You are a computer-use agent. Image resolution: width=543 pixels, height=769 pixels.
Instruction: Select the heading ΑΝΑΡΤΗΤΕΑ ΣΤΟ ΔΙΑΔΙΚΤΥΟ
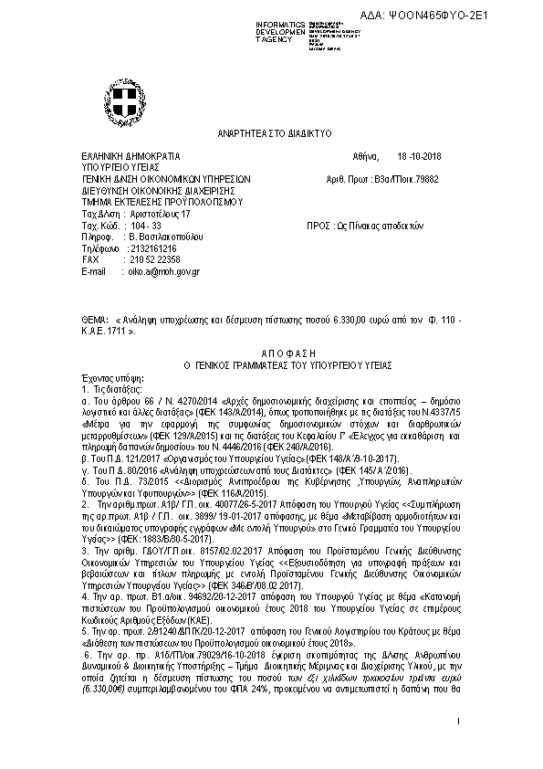[271, 133]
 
